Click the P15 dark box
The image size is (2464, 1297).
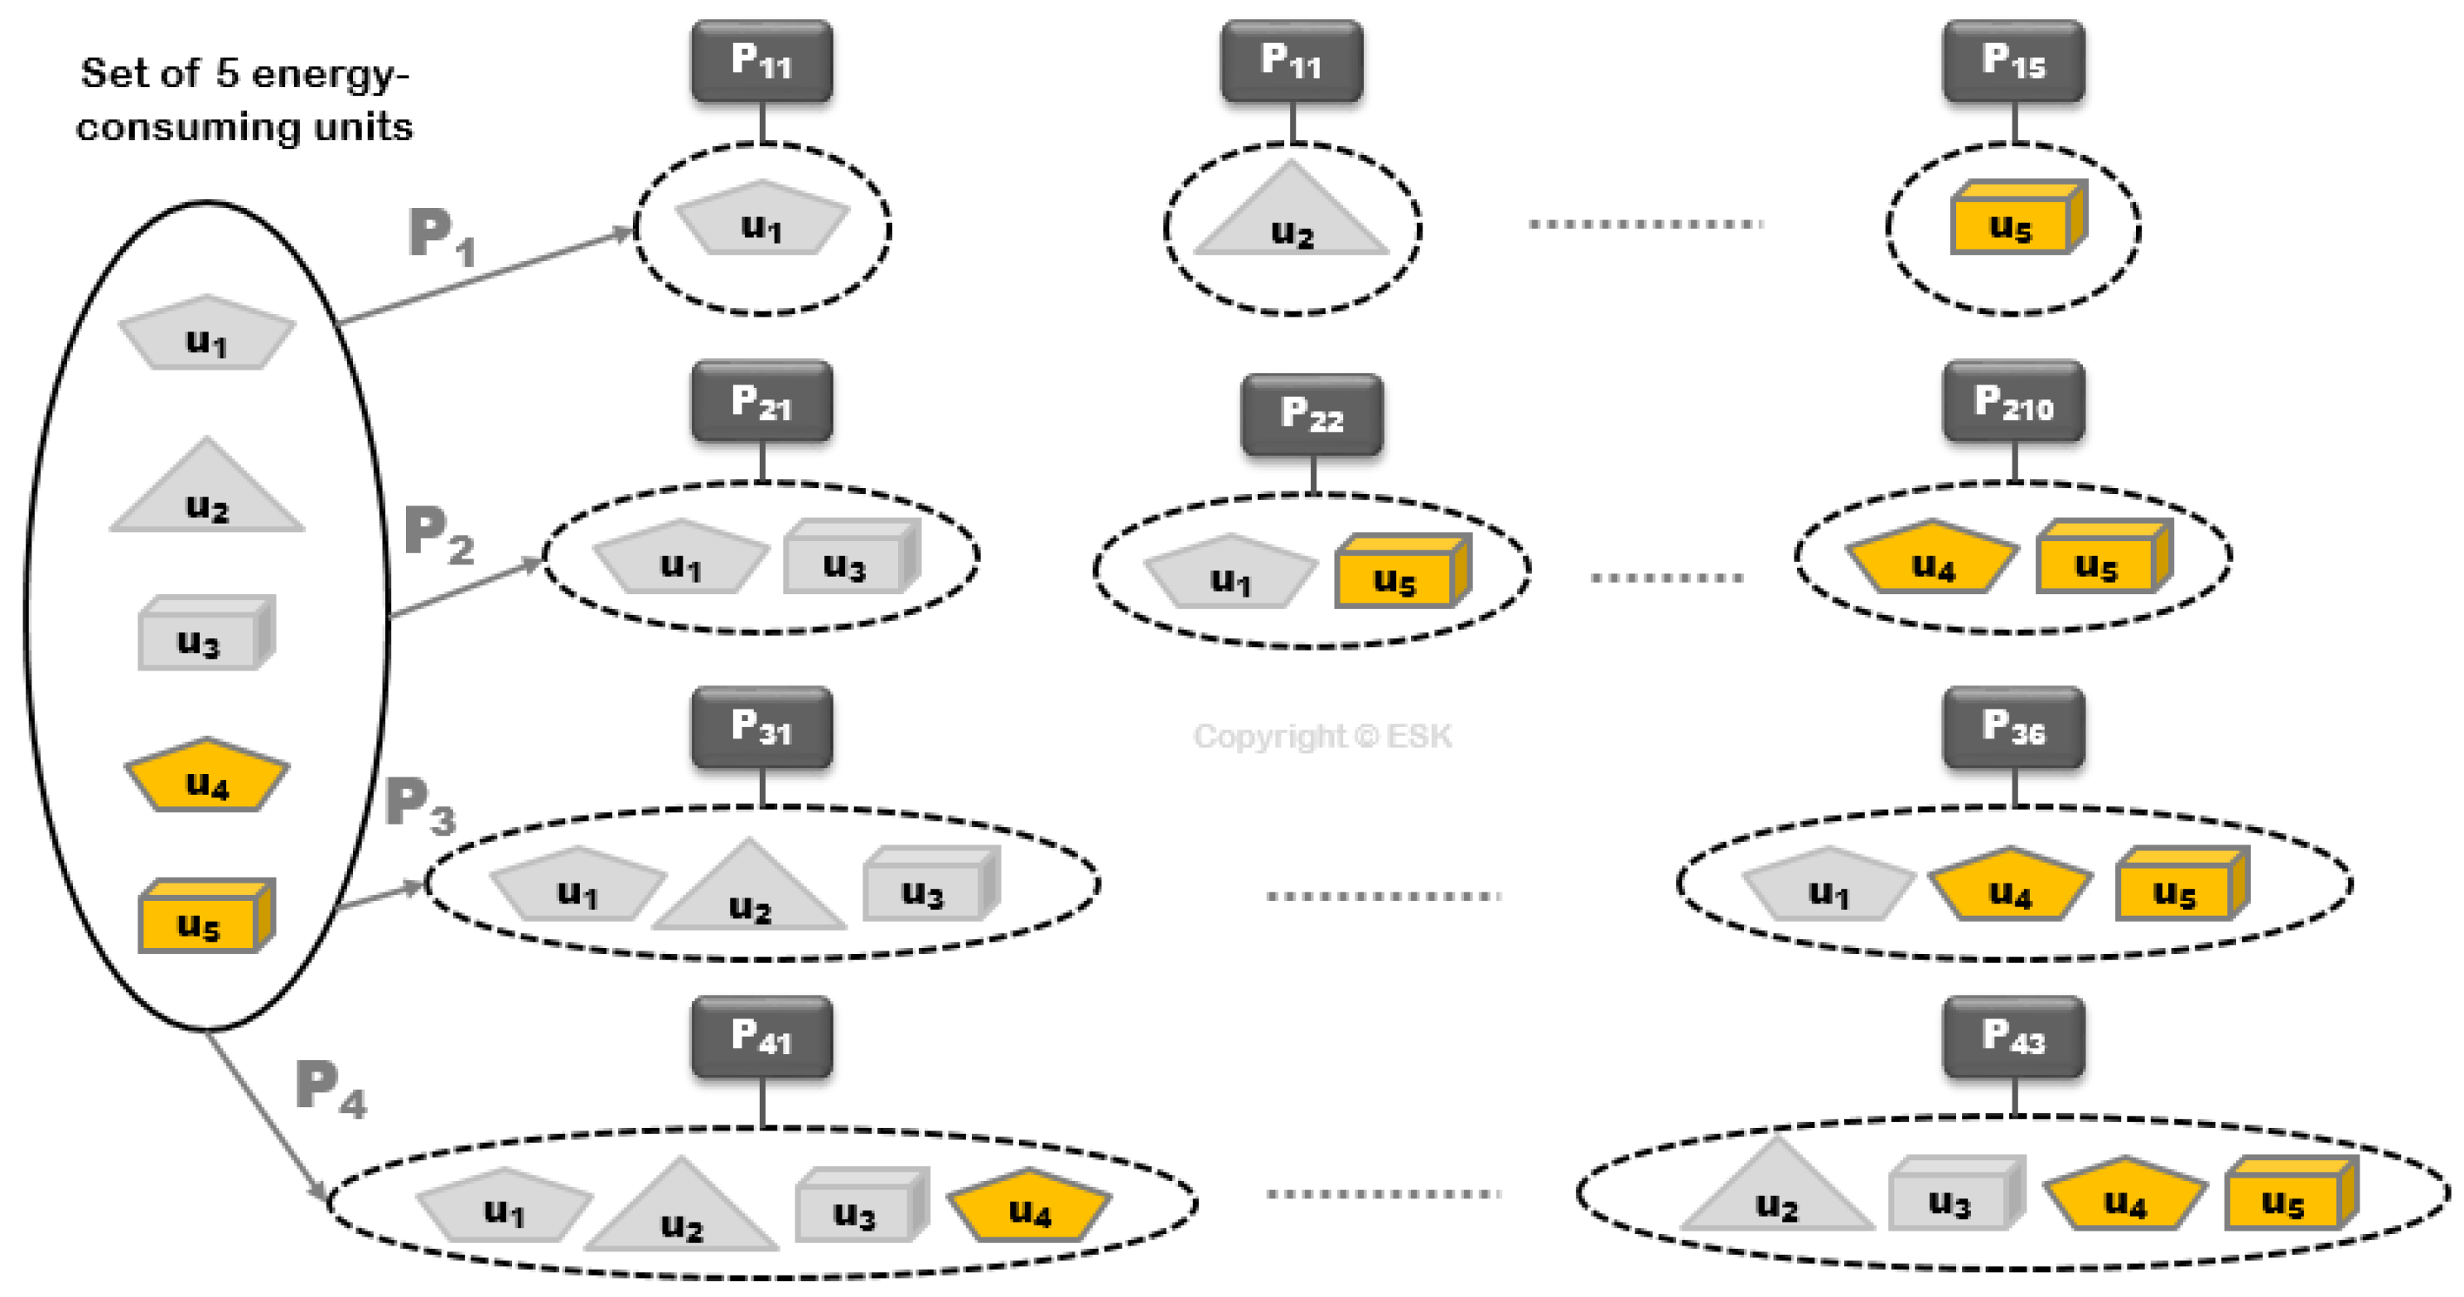[2012, 61]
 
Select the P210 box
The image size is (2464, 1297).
[2012, 402]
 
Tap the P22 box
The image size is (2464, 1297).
[1312, 415]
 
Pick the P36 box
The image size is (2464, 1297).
[2012, 728]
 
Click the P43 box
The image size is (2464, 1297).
[2012, 1037]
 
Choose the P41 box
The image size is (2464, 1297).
[761, 1037]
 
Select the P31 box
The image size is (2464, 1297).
[761, 728]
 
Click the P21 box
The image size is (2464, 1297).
[761, 402]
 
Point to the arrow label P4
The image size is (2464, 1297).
[330, 1088]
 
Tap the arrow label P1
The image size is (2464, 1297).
[441, 236]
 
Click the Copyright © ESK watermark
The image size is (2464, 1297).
[1322, 737]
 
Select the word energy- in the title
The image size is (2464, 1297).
[330, 75]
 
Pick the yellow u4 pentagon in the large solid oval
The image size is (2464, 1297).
[206, 777]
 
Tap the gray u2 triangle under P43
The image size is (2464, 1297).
[1776, 1191]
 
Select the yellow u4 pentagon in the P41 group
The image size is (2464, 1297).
[1029, 1207]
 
